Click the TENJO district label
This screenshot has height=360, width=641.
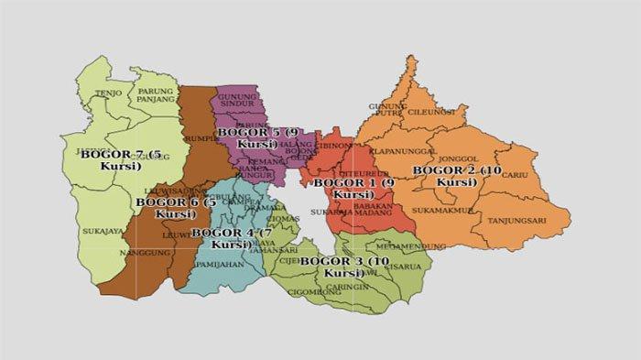[108, 93]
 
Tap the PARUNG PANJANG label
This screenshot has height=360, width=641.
[157, 95]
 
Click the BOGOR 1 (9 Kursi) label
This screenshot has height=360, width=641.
[353, 188]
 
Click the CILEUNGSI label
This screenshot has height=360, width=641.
[430, 112]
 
